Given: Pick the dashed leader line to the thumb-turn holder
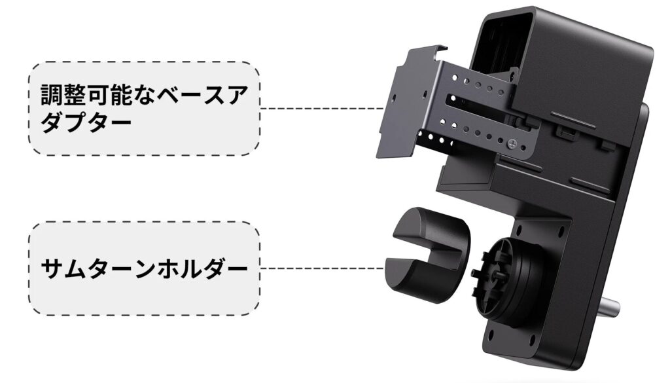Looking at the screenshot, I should point(327,268).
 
